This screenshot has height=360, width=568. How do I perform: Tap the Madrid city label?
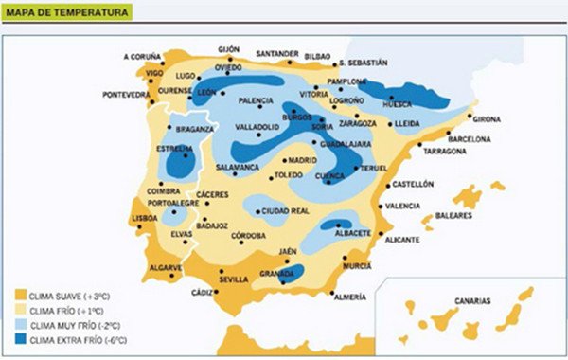coord(302,160)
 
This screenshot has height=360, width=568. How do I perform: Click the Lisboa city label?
coord(144,218)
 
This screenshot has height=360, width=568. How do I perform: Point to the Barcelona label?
coord(469,138)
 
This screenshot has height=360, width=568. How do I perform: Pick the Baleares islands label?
coord(455,215)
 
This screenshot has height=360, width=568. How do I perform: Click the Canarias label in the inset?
coord(471,300)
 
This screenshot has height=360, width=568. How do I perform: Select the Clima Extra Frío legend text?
coord(80,339)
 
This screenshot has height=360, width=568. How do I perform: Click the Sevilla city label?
coord(233,279)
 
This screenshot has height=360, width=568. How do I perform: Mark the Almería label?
coord(349,297)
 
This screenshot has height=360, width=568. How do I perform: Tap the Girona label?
coord(487,119)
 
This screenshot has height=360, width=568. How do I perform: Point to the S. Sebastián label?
coord(362,63)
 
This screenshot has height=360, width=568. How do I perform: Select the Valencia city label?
coord(403,206)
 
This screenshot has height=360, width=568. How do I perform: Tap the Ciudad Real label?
coord(286,210)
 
